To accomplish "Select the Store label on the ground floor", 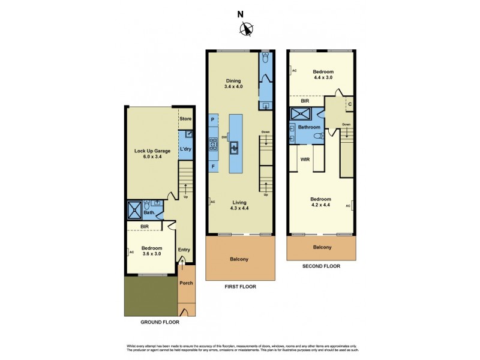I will click(185, 119).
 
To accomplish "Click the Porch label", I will click(186, 283).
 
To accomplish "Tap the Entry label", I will click(184, 250).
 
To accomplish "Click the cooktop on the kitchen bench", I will click(213, 143).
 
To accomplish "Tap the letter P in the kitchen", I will click(213, 119).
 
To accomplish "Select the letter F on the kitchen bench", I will click(213, 165).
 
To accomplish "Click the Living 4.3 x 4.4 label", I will click(240, 205).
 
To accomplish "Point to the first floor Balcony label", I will click(239, 259).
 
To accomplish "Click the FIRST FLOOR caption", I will click(239, 287).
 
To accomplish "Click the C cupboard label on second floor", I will click(349, 103).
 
